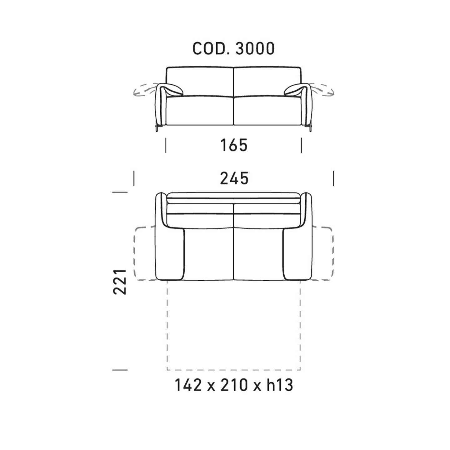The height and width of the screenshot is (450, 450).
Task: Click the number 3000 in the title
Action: point(255,48)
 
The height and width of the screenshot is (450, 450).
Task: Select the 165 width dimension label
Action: point(234,145)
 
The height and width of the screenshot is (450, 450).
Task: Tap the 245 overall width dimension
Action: point(234,178)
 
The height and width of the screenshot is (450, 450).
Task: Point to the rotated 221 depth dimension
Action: point(120,282)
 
